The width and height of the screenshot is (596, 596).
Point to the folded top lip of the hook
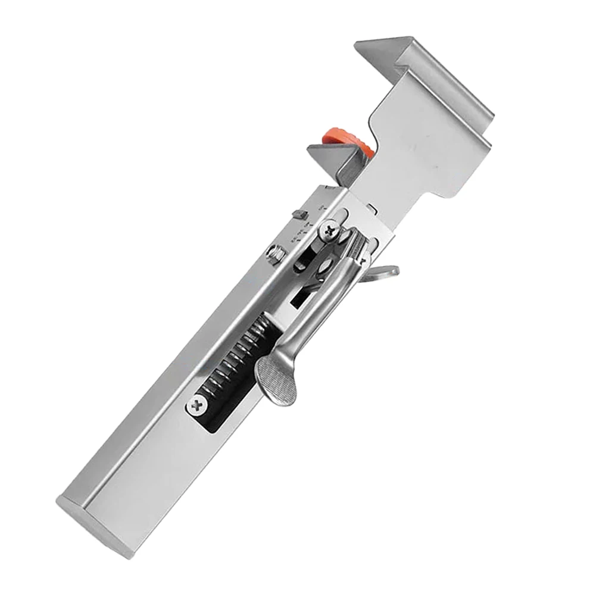(x=417, y=65)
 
